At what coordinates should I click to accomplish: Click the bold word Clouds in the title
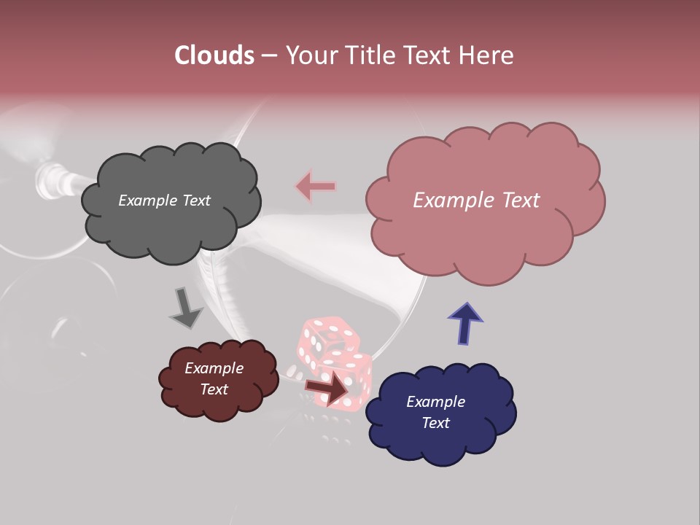point(214,55)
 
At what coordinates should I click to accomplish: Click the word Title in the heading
point(370,55)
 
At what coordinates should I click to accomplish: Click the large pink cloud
point(481,241)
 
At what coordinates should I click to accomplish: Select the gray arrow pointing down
point(187,308)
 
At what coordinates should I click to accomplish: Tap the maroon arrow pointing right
point(327,387)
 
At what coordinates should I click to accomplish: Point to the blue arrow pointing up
point(464,323)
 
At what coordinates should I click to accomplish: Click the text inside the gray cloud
point(164,201)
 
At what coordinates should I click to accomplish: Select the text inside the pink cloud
point(476,201)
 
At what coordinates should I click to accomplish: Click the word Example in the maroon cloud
point(214,368)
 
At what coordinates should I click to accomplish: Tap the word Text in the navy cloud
point(435,423)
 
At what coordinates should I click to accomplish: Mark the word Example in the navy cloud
point(435,402)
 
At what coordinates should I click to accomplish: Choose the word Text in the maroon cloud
point(214,389)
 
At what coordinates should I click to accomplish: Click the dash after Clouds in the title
point(268,55)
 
